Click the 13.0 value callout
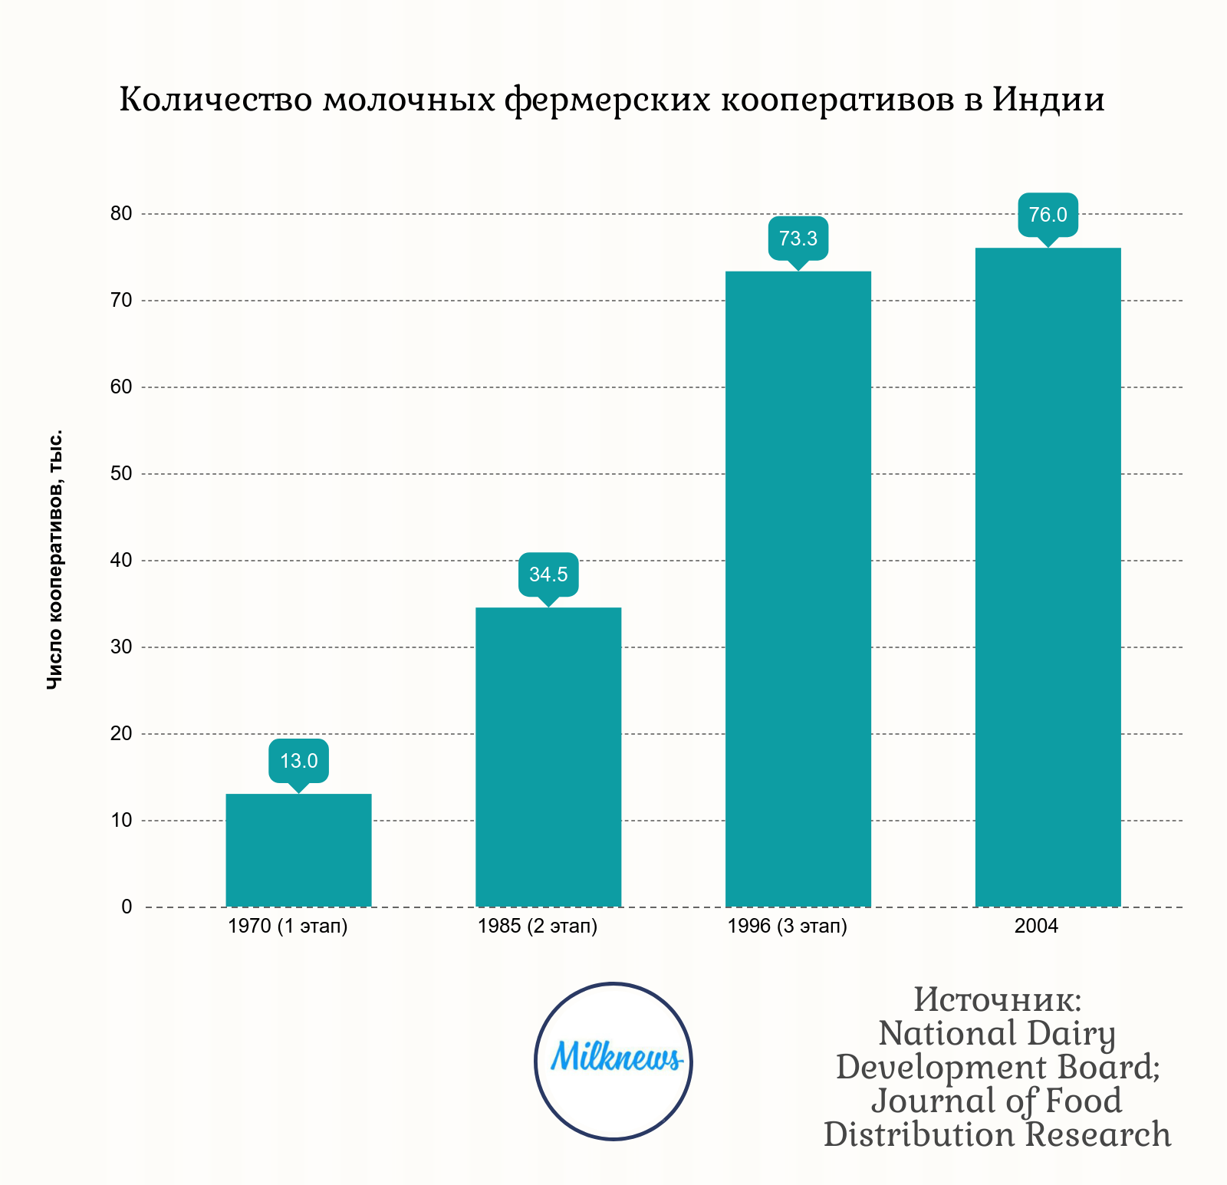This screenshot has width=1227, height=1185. tap(298, 761)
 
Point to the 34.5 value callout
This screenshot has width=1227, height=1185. tap(548, 574)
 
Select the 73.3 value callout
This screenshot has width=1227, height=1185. tap(798, 239)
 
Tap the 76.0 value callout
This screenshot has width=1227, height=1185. tap(1048, 215)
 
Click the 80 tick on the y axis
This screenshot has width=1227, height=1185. tap(121, 214)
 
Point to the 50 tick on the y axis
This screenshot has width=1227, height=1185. tap(121, 474)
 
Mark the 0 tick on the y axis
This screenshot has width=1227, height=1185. tap(127, 907)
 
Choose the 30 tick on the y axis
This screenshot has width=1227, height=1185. tap(121, 647)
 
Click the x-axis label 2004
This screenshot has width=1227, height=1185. tap(1036, 927)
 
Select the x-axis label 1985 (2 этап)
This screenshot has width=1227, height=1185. tap(538, 927)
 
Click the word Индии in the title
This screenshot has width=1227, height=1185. tap(1048, 100)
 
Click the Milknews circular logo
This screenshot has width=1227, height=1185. tap(613, 1061)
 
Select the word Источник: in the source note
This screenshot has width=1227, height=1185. tap(997, 1000)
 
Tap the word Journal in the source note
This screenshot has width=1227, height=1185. tap(929, 1101)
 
